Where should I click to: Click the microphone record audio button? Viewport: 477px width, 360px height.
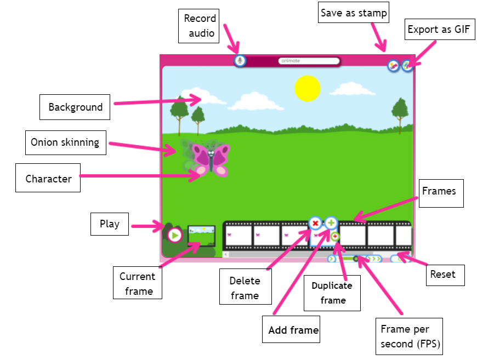(240, 61)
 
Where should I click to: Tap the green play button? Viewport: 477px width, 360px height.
(174, 235)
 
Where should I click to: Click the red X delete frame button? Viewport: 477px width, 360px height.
(315, 224)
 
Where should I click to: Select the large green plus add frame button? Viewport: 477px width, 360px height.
(331, 223)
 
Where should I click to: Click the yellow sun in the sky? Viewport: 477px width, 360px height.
(307, 88)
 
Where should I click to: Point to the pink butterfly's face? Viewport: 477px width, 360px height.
(211, 153)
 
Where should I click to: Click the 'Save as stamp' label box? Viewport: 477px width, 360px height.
(354, 13)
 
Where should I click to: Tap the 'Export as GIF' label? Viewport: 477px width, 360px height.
(440, 29)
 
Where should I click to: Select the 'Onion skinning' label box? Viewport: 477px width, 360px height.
(66, 142)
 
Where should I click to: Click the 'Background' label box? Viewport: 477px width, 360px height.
(75, 107)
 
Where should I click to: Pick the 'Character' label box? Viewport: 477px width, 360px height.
(48, 178)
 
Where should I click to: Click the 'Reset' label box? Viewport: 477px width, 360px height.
(445, 275)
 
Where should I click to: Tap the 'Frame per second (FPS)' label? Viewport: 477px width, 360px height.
(409, 336)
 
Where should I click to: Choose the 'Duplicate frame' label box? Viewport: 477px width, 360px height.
(332, 293)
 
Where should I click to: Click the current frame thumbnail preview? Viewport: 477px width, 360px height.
(201, 236)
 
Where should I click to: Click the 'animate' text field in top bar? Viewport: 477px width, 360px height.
(309, 61)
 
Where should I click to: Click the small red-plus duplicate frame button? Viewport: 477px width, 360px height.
(334, 236)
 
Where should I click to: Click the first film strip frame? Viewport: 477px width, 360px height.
(238, 235)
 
